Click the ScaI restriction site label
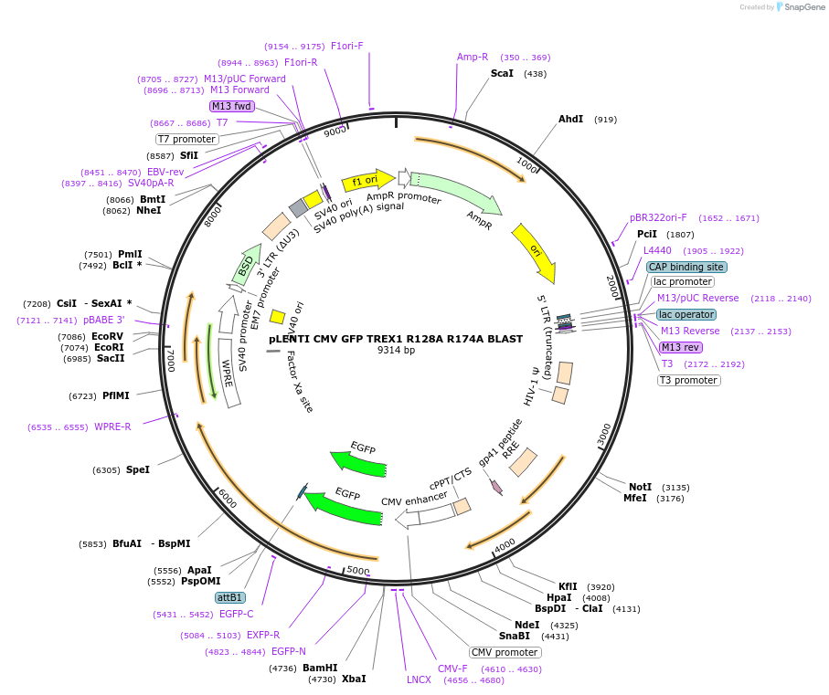click(502, 73)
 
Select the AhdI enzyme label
click(570, 119)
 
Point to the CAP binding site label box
click(686, 267)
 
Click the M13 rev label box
click(680, 347)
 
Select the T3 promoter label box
click(689, 380)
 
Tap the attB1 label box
click(229, 597)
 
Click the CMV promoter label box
click(505, 652)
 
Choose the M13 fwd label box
click(231, 106)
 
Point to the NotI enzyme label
click(640, 487)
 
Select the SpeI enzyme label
click(137, 469)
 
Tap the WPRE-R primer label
click(112, 426)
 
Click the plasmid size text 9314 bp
click(396, 350)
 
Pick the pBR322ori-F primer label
click(658, 217)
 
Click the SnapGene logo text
click(799, 7)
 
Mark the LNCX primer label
click(419, 679)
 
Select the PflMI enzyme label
click(115, 395)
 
